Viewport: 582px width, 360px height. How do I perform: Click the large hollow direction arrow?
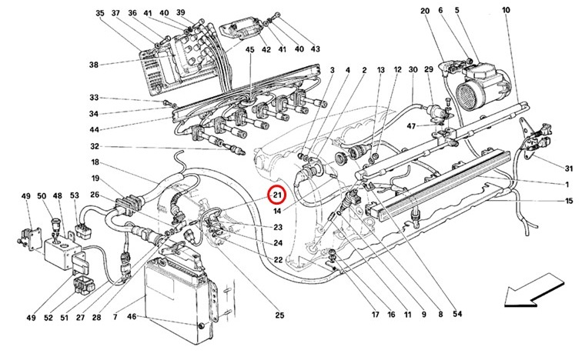(533, 291)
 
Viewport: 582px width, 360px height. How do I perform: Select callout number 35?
(100, 13)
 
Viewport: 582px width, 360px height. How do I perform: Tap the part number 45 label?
(249, 49)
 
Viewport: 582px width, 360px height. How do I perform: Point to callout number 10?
(507, 10)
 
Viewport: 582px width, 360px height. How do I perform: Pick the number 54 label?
(457, 314)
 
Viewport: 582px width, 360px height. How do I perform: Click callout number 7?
(115, 318)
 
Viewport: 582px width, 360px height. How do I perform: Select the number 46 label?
(132, 317)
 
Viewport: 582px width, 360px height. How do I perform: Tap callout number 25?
(279, 315)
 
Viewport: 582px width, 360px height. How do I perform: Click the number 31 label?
(569, 168)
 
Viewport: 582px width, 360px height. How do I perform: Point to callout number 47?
(411, 126)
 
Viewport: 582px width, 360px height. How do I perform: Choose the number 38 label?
(94, 65)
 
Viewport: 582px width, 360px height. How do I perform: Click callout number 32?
(95, 146)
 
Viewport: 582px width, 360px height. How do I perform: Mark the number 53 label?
(75, 195)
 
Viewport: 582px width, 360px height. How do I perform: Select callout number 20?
(425, 11)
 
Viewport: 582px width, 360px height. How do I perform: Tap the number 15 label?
(569, 201)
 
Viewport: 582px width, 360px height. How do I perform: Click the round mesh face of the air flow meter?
(470, 95)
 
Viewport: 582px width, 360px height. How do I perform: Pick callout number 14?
(277, 211)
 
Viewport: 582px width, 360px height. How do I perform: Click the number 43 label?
(315, 49)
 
